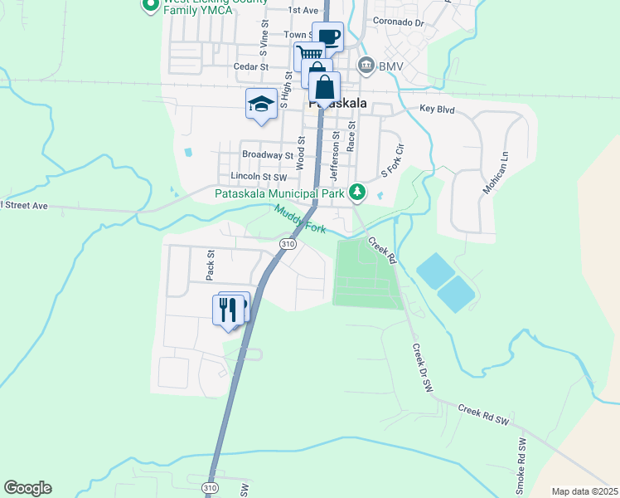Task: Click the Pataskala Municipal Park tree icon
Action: point(357,193)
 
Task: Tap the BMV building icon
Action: point(365,65)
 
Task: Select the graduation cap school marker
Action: point(261,104)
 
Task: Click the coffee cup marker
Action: point(328,37)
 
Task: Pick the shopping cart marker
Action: point(308,56)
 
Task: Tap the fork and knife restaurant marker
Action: point(227,309)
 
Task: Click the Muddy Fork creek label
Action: point(301,220)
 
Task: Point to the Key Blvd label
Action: point(438,109)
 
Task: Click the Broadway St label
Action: point(268,154)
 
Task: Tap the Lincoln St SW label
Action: point(258,177)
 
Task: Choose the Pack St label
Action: point(211,265)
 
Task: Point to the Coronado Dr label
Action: point(398,22)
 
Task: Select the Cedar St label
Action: point(252,66)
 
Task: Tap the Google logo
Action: point(27,488)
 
